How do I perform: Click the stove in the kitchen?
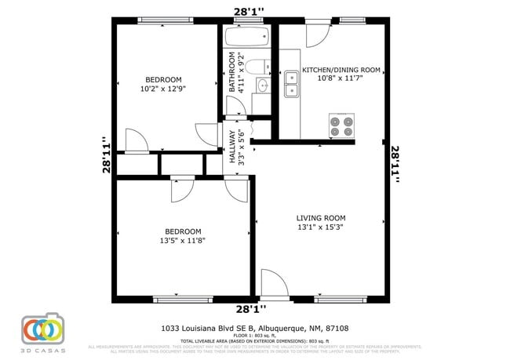click(341, 125)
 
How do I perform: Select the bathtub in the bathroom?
click(246, 37)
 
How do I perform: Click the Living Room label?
click(320, 217)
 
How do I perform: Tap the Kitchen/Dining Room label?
click(341, 70)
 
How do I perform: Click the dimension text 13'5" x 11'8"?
click(182, 241)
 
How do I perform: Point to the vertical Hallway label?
click(232, 146)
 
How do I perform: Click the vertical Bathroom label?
click(232, 72)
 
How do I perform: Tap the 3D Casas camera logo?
click(42, 330)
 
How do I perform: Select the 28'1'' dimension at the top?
click(249, 10)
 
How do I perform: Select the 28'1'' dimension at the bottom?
click(250, 309)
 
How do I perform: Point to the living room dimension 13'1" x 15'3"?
click(320, 227)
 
